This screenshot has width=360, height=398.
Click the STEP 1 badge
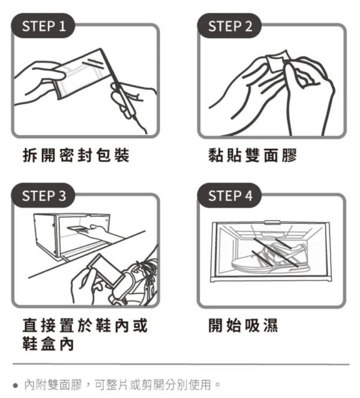tap(44, 26)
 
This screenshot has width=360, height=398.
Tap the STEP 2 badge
tap(230, 26)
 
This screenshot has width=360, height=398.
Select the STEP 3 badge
tap(44, 196)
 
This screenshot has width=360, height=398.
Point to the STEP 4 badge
tap(230, 196)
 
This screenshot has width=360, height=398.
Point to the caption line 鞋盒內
tap(49, 346)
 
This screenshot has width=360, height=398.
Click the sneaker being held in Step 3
tap(138, 279)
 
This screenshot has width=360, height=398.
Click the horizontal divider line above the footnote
tap(180, 364)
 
